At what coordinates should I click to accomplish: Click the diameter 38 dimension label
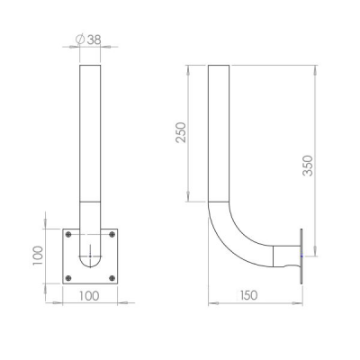pos(88,40)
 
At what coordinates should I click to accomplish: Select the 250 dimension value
pos(181,132)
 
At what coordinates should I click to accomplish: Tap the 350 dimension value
pos(308,166)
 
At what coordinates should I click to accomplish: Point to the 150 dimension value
pos(249,295)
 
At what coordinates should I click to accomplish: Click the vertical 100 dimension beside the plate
pos(38,256)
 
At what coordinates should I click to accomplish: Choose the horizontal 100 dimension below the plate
pos(89,296)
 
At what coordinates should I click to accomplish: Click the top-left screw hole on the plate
pos(68,234)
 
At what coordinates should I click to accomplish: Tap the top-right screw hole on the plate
pos(112,234)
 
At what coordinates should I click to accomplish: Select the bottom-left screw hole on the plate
pos(68,278)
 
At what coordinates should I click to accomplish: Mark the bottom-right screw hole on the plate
pos(112,278)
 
